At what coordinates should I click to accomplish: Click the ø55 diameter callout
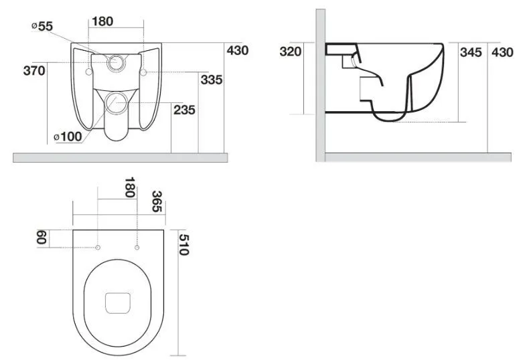coord(42,27)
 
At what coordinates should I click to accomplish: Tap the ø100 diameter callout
coord(68,137)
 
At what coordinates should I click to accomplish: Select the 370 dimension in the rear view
coord(34,71)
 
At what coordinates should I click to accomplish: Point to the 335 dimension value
coord(212,80)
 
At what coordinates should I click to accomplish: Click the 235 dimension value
coord(184,110)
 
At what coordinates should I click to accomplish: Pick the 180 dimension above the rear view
coord(102,21)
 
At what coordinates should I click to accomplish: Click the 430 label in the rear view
coord(238,51)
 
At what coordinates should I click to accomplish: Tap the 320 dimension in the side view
coord(291,52)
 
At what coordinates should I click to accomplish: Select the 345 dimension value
coord(471,52)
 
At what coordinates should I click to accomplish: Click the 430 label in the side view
coord(502,52)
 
